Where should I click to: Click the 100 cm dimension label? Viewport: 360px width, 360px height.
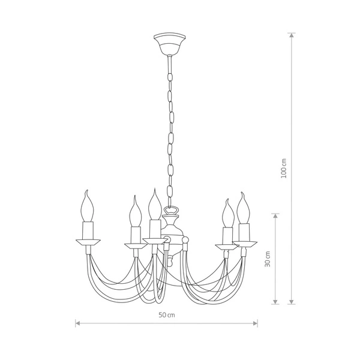click(x=284, y=168)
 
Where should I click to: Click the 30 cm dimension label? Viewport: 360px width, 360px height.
click(x=268, y=259)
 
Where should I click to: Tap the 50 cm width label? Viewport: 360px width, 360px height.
click(x=167, y=315)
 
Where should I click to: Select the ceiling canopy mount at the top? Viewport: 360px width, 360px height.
click(x=170, y=44)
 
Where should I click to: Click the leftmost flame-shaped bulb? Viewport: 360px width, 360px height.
click(x=87, y=206)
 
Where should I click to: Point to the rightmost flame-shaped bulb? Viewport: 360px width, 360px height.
click(x=244, y=208)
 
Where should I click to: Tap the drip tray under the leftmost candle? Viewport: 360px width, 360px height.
click(x=88, y=243)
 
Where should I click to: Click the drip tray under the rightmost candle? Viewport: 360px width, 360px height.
click(x=245, y=244)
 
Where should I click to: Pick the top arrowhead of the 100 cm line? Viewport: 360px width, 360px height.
click(x=292, y=35)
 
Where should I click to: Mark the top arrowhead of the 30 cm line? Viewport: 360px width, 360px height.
click(x=275, y=216)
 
